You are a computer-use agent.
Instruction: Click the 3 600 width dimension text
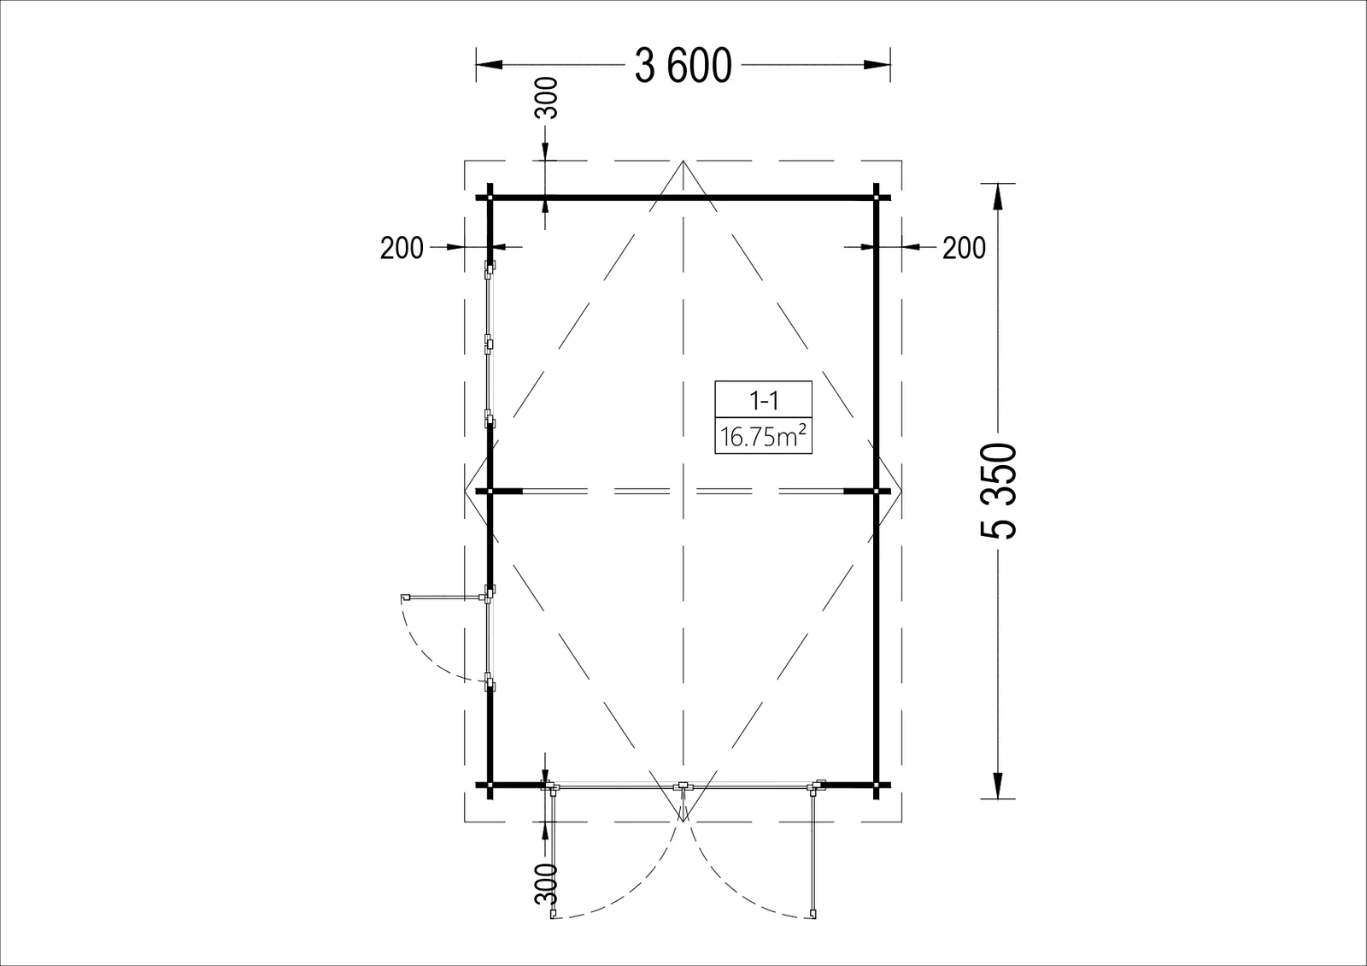(x=683, y=67)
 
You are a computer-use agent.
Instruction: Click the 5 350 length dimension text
(x=999, y=491)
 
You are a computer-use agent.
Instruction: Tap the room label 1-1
(x=764, y=401)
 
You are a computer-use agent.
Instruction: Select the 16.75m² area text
(x=764, y=437)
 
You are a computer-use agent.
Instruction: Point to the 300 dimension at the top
(x=547, y=97)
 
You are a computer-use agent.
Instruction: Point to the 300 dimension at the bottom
(x=547, y=884)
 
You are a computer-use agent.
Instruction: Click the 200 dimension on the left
(x=402, y=248)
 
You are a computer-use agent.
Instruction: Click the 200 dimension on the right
(x=965, y=248)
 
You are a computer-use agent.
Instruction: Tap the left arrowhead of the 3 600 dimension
(x=489, y=65)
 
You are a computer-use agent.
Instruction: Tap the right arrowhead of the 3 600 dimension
(x=877, y=65)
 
